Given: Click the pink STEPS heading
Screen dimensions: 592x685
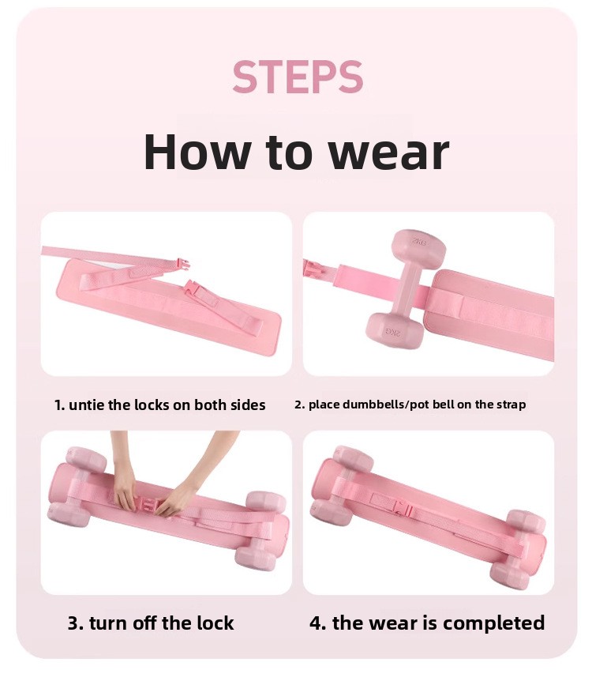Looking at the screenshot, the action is (x=298, y=77).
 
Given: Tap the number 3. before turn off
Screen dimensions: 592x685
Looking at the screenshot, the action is (x=76, y=623).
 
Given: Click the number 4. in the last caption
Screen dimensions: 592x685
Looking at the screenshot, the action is (x=317, y=623).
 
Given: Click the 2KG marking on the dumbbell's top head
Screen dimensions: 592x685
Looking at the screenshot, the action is (x=418, y=242).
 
